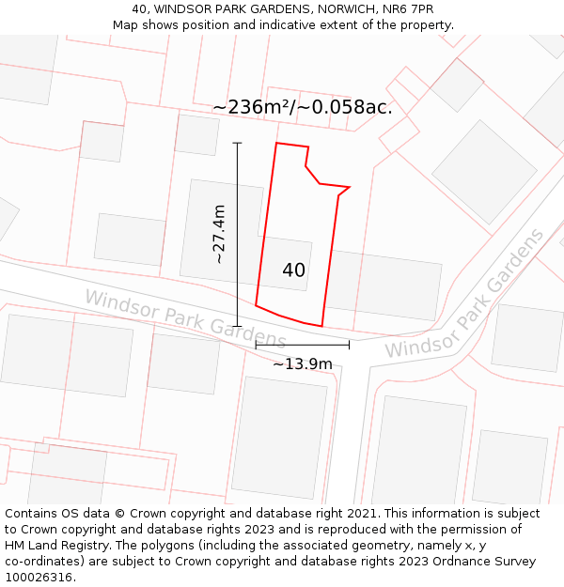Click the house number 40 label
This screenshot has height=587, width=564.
[293, 270]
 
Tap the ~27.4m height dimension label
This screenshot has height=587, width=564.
[219, 235]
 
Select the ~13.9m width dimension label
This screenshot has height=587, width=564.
[303, 363]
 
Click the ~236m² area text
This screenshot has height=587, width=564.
[253, 107]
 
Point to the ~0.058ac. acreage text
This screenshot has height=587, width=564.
[346, 107]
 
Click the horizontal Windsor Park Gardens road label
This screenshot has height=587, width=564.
[185, 318]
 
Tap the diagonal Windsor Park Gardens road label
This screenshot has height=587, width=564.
[464, 293]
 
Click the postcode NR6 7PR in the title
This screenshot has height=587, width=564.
[407, 9]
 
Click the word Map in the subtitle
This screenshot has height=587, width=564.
[127, 24]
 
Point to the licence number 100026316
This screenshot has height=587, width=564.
[39, 578]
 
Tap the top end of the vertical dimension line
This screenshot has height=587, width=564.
[237, 143]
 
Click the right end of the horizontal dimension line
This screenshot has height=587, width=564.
[349, 345]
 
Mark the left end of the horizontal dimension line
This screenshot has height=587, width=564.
[256, 345]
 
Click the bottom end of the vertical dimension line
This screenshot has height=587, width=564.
[237, 326]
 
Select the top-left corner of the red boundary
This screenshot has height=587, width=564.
[276, 144]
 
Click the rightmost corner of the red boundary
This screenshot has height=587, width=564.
[350, 187]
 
